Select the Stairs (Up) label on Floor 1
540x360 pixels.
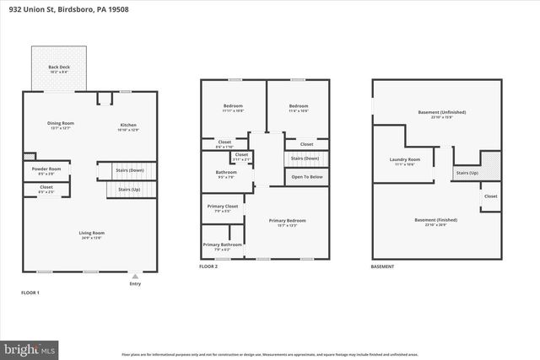click(x=130, y=191)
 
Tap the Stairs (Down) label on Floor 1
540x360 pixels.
click(x=129, y=170)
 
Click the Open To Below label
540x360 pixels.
click(x=306, y=177)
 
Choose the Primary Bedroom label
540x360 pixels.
click(x=287, y=222)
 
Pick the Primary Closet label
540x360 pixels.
click(x=222, y=207)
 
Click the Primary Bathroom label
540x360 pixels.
click(x=222, y=246)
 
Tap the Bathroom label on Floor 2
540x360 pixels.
click(x=224, y=174)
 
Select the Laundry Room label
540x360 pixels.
click(x=405, y=161)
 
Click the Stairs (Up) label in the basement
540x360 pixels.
click(x=467, y=173)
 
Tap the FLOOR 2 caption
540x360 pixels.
click(x=208, y=266)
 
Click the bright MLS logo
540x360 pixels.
click(x=30, y=347)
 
